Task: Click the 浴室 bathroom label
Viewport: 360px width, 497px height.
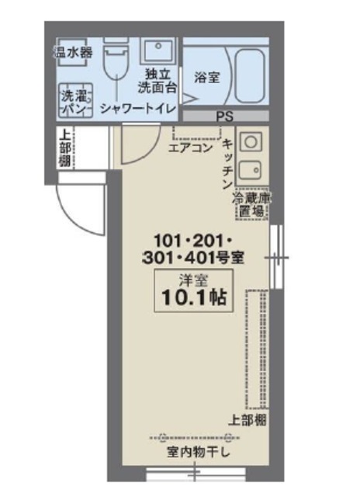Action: tap(206, 78)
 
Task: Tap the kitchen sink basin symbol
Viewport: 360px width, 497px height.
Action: tap(252, 169)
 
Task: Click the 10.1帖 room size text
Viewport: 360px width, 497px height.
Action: tap(195, 297)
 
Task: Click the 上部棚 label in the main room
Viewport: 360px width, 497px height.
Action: tap(249, 419)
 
